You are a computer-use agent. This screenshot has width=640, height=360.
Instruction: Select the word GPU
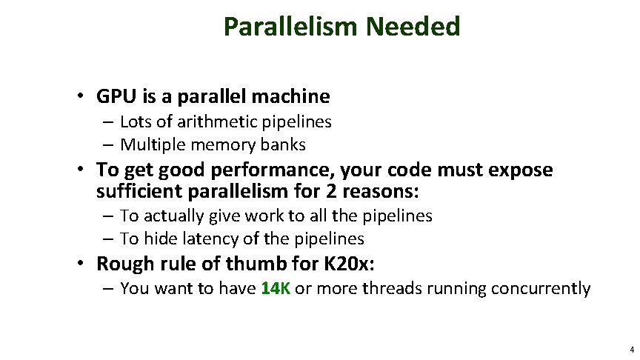pos(113,96)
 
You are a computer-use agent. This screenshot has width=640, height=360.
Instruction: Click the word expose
pos(519,170)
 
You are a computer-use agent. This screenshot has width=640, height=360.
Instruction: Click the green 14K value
pos(276,288)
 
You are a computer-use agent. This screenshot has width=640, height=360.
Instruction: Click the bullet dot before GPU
pos(87,97)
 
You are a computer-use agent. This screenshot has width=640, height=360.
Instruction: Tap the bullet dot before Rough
pos(87,264)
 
